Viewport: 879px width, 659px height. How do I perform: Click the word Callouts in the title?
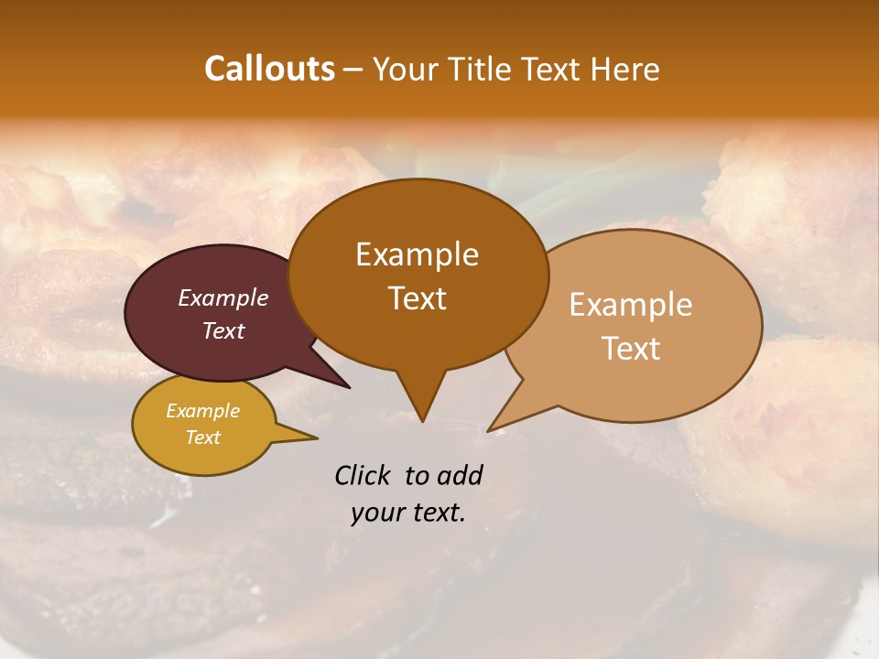click(x=269, y=69)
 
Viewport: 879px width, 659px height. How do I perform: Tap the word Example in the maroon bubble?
click(x=222, y=298)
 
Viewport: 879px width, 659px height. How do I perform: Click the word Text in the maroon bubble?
click(x=222, y=330)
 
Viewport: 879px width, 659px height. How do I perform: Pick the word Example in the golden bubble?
click(x=202, y=411)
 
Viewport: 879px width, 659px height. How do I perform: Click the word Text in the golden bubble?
click(x=202, y=438)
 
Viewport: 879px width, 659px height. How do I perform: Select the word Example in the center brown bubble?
click(x=417, y=254)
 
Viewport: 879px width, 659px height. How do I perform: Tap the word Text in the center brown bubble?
click(x=417, y=298)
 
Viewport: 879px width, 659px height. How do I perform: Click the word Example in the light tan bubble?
click(x=631, y=305)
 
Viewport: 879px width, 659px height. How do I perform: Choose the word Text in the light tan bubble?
click(x=631, y=349)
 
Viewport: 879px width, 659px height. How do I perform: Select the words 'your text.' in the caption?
click(x=407, y=513)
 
